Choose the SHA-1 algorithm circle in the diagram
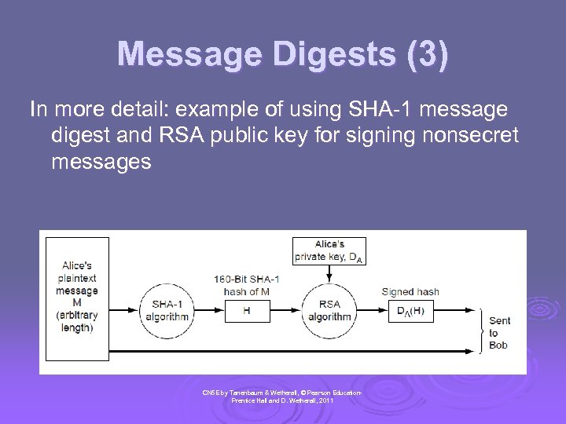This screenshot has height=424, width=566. point(166,310)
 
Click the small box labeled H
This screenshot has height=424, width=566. point(246,311)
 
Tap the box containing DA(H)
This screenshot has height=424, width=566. point(410,311)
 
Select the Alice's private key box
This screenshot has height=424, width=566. point(329,250)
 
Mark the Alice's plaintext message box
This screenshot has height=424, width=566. point(77,298)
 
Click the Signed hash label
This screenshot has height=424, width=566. point(410,292)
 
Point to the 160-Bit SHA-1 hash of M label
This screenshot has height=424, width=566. point(247,286)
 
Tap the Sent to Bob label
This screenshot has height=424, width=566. point(499,332)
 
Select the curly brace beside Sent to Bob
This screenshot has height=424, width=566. point(480,329)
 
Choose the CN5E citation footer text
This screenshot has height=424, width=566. point(282,396)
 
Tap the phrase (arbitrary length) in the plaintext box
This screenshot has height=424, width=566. point(77,322)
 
